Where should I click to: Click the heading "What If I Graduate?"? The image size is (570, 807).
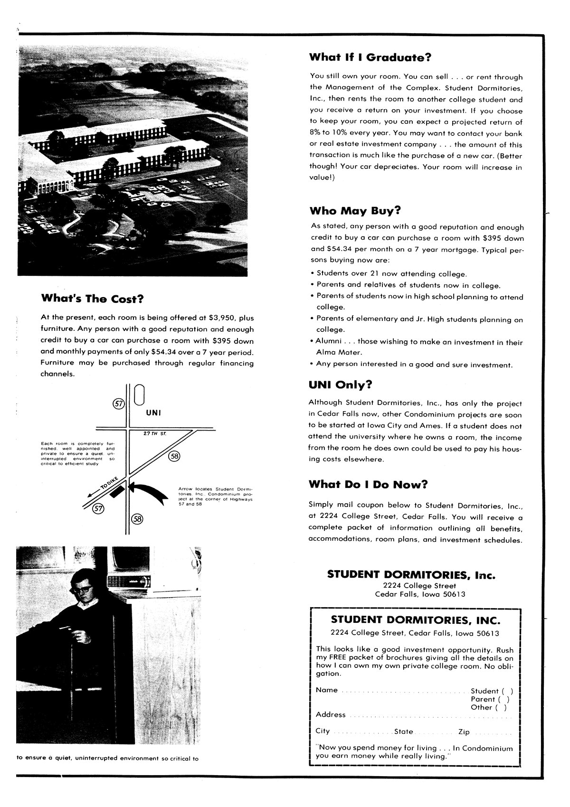(x=370, y=57)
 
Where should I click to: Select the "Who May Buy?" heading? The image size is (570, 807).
(x=355, y=210)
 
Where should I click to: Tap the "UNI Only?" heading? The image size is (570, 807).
(x=340, y=385)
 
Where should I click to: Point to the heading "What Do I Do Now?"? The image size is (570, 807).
(x=368, y=484)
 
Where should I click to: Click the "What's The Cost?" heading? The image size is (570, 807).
(x=93, y=299)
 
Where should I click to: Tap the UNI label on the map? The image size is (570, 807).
(x=153, y=413)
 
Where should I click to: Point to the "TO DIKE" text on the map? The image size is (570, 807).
(x=107, y=483)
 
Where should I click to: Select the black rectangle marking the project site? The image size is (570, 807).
(x=117, y=491)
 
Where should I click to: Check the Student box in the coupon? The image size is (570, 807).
(x=508, y=691)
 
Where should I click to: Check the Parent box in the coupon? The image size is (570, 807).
(x=504, y=699)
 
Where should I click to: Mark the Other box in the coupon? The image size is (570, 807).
(x=501, y=707)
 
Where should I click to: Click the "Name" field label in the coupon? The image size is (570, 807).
(x=327, y=690)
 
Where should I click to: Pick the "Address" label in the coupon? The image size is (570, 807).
(x=331, y=714)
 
